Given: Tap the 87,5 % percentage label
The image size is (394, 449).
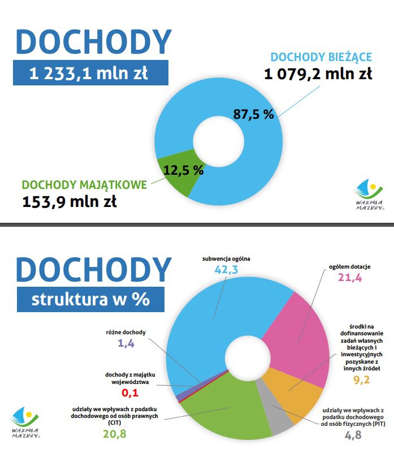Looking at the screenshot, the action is pos(253,114).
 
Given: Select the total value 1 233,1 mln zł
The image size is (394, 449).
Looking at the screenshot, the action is pos(89,73).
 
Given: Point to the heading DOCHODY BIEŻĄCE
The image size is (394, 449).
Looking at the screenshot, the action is pos(321,57).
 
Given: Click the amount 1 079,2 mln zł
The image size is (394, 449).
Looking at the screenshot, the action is pos(318,74).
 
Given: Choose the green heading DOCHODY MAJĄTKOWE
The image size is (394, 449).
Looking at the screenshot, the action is pos(84,185).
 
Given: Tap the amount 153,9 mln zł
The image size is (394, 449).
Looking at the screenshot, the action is pos(70,201).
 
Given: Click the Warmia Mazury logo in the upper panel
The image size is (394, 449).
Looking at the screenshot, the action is pos(369,195).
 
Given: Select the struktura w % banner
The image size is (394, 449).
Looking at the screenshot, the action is pos(90,300).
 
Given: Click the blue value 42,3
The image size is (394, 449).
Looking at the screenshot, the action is pos(226,270).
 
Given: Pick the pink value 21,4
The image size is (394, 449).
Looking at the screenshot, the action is pos(350,278).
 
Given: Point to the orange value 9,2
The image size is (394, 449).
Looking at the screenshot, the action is pos(362,380).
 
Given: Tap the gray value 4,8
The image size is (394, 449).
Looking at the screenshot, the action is pos(353,435).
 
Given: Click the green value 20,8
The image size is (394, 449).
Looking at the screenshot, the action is pos(115,434).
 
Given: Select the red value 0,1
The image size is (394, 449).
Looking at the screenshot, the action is pos(130,392).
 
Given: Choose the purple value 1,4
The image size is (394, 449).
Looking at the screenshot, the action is pos(126,343).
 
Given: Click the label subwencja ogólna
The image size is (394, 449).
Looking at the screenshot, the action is pos(226,259).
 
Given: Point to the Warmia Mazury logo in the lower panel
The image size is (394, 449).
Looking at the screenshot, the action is pos(25,422).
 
